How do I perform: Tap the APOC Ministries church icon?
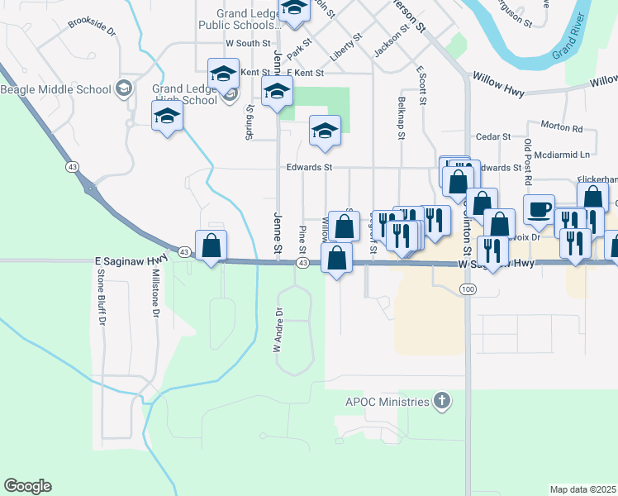click(x=442, y=402)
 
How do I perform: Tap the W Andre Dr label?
click(x=278, y=330)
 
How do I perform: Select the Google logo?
click(x=27, y=486)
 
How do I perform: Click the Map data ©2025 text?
click(x=583, y=489)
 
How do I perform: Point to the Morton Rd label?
click(x=562, y=128)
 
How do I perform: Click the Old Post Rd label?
click(x=527, y=160)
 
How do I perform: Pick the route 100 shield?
click(x=468, y=289)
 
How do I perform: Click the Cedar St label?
click(x=494, y=136)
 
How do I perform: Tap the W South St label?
click(x=248, y=43)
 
